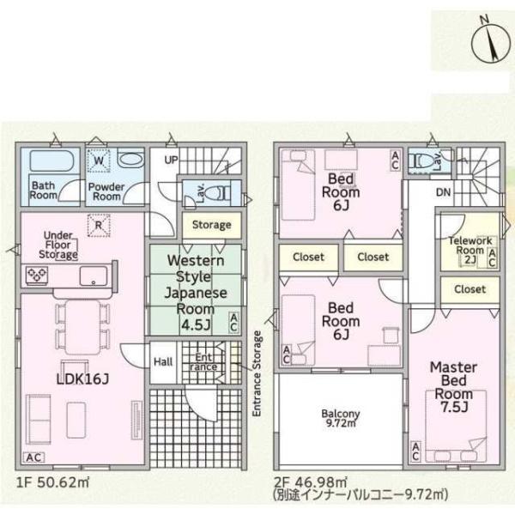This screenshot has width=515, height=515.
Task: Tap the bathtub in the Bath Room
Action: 51,161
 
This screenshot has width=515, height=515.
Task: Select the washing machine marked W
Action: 99,161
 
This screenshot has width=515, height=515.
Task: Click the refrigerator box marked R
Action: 99,225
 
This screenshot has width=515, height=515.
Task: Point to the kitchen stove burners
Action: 37,275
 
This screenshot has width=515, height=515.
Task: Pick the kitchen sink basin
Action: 94,276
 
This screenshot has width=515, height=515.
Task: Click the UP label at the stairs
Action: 171,160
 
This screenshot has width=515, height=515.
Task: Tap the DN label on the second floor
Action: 443,192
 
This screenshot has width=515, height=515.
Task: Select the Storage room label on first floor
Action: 211,225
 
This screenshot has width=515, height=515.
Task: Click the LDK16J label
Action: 82,379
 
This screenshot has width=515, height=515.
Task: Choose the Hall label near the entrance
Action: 163,362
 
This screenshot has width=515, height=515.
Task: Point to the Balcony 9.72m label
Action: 341,418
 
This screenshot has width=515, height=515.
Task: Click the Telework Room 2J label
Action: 470,250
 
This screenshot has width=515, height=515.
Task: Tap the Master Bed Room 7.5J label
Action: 453,387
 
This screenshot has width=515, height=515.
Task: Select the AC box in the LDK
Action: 33,457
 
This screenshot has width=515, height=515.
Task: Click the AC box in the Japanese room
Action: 233,323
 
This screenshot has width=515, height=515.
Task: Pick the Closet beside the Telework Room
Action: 470,290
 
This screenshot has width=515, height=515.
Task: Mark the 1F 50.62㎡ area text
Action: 52,482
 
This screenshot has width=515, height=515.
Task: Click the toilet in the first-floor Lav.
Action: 218,192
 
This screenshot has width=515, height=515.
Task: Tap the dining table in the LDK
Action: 82,327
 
